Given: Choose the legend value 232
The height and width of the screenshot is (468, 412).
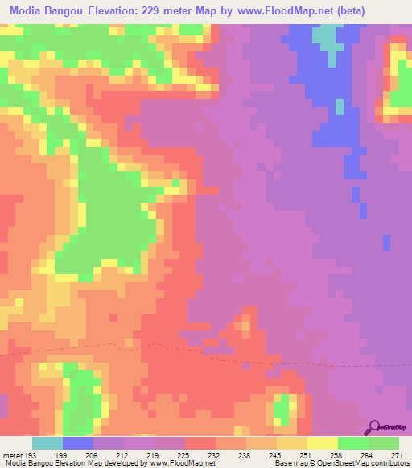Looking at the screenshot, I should pyautogui.click(x=216, y=455).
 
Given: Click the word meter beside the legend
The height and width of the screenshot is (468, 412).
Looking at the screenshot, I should pyautogui.click(x=11, y=455).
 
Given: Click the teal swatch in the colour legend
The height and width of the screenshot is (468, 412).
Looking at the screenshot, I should pyautogui.click(x=47, y=443).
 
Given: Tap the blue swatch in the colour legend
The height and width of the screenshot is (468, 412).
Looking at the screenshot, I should pyautogui.click(x=77, y=443).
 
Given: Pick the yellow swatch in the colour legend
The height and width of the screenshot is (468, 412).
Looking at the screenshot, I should pyautogui.click(x=322, y=443).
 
